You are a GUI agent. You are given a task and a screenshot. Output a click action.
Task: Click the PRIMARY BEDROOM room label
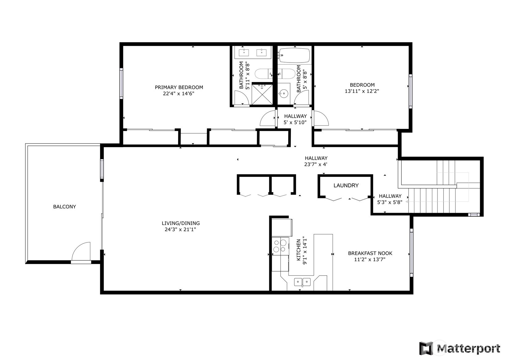(179, 87)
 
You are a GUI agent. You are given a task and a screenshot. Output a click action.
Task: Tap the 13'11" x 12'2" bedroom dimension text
(362, 91)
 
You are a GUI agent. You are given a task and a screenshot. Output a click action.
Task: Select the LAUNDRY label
(346, 186)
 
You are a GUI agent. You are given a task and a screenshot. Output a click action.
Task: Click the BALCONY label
(64, 207)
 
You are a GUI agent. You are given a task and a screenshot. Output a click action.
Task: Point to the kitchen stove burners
(280, 246)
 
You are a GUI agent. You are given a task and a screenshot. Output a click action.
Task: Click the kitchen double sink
(302, 282)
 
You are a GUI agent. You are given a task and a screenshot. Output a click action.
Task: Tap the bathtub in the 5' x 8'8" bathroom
(294, 55)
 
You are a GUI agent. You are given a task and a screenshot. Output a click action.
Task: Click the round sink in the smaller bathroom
(283, 93)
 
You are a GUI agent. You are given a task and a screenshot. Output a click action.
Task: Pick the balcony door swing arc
(81, 251)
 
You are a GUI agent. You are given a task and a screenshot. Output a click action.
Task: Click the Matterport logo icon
(426, 349)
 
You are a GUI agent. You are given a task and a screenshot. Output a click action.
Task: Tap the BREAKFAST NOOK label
(370, 253)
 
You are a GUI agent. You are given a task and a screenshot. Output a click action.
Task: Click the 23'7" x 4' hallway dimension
(316, 165)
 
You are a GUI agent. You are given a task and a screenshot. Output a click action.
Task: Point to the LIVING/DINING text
(181, 223)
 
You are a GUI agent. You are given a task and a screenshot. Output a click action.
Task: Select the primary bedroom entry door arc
(267, 118)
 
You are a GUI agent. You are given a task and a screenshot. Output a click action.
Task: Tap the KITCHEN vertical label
(299, 250)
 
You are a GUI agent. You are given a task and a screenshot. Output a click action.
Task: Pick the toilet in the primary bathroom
(262, 74)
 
